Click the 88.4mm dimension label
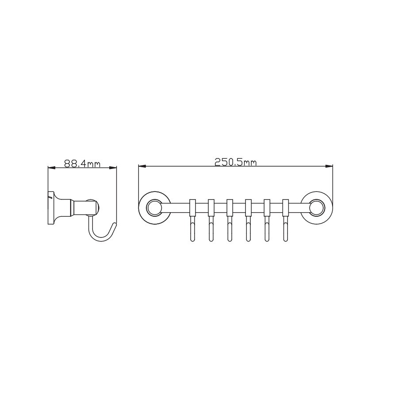82,164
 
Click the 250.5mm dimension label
236,162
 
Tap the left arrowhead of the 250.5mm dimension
142,167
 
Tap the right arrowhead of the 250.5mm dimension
329,167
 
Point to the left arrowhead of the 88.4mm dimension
52,167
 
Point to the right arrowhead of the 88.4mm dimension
113,167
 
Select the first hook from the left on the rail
192,229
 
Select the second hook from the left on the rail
211,229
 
